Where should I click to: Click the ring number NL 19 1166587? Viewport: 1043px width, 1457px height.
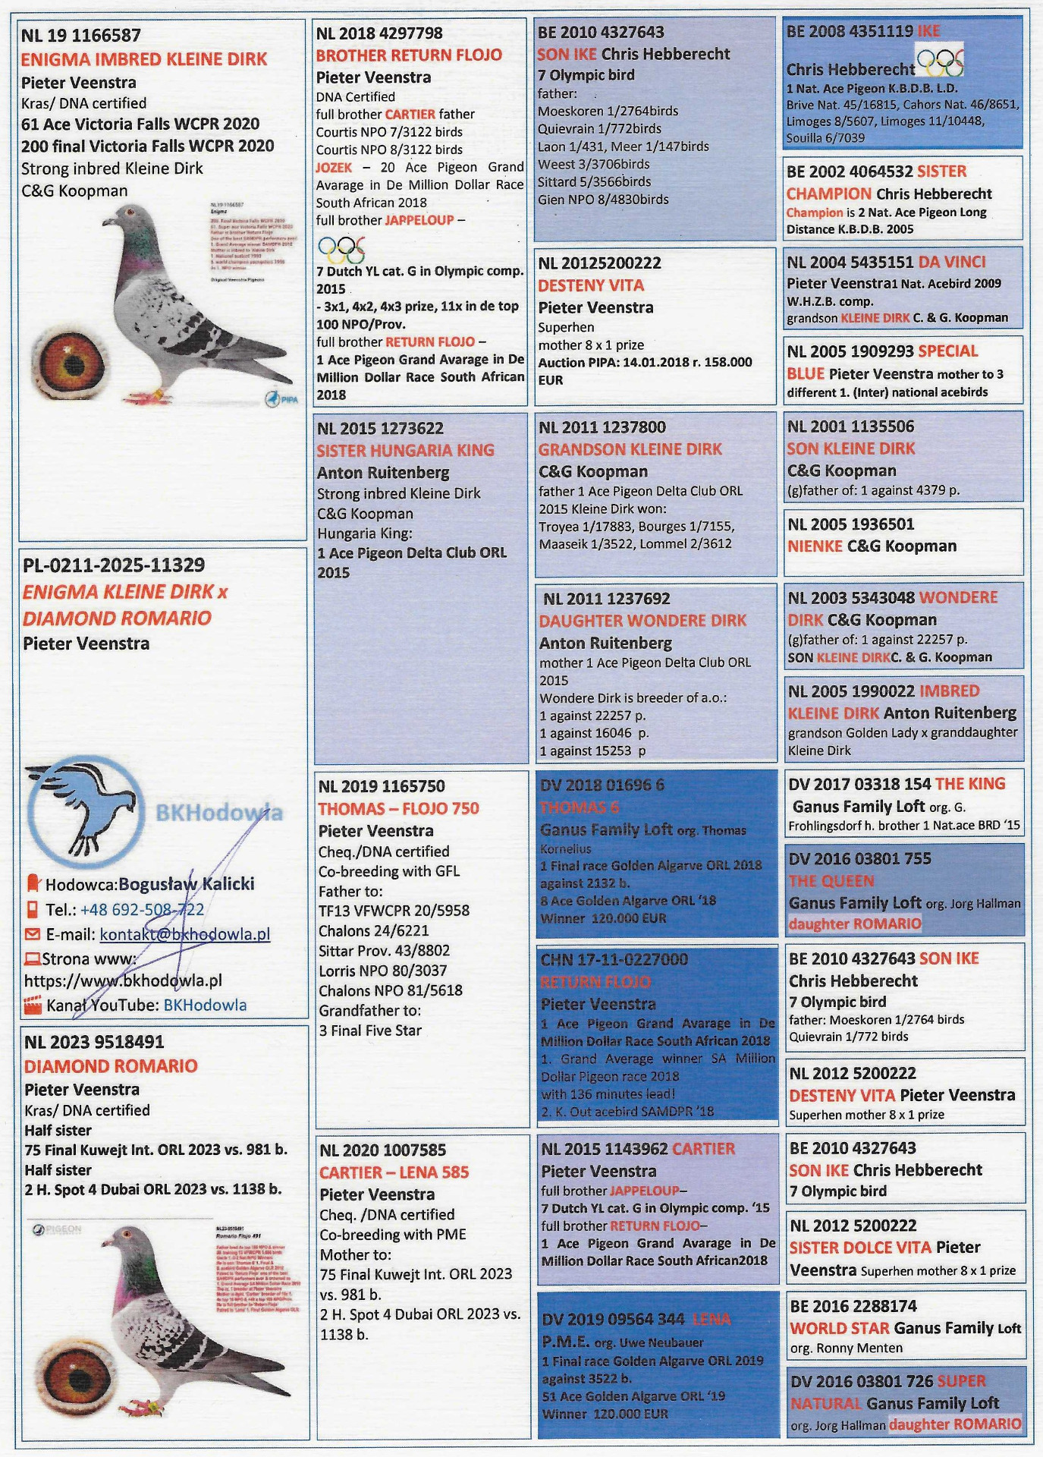(80, 35)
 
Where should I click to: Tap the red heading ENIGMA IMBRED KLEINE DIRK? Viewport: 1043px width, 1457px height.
(144, 59)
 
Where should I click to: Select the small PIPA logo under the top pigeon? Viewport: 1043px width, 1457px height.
(282, 399)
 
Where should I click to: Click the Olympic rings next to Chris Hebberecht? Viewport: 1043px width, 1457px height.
(940, 62)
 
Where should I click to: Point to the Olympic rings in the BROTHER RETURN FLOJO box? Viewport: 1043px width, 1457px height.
(341, 248)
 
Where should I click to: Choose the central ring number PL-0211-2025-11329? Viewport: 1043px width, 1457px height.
(114, 565)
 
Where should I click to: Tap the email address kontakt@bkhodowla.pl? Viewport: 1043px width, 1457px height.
(184, 934)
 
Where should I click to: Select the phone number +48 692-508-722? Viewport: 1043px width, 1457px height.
(142, 909)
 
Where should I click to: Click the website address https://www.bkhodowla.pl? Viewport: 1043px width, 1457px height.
(123, 980)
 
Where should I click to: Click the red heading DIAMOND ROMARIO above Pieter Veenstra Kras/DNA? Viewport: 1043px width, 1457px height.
(111, 1066)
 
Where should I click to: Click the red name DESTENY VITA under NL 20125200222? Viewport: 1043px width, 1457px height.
(591, 285)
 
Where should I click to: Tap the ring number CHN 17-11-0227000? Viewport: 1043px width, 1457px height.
(614, 960)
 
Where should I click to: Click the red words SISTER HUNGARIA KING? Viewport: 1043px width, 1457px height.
(405, 450)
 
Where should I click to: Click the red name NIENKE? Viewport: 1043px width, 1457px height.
(815, 546)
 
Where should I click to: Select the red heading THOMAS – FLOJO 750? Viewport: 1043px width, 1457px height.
(398, 808)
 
